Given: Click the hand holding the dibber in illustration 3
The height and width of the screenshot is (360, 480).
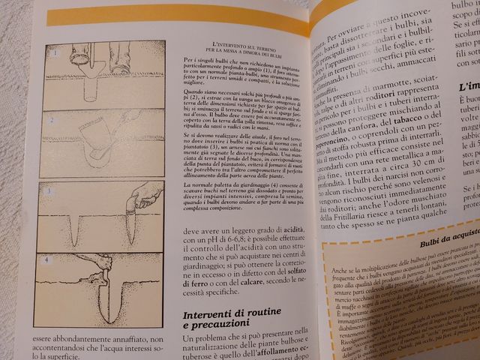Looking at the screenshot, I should click(145, 196).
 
